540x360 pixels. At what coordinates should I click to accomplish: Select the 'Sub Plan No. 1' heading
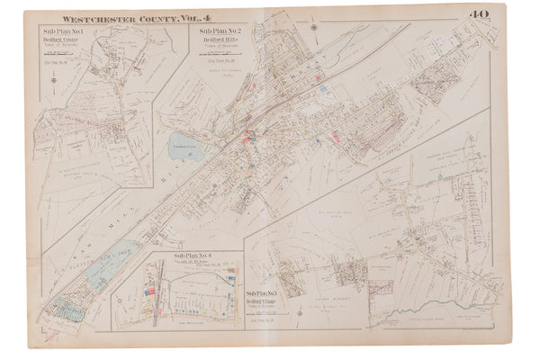pos(59,32)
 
